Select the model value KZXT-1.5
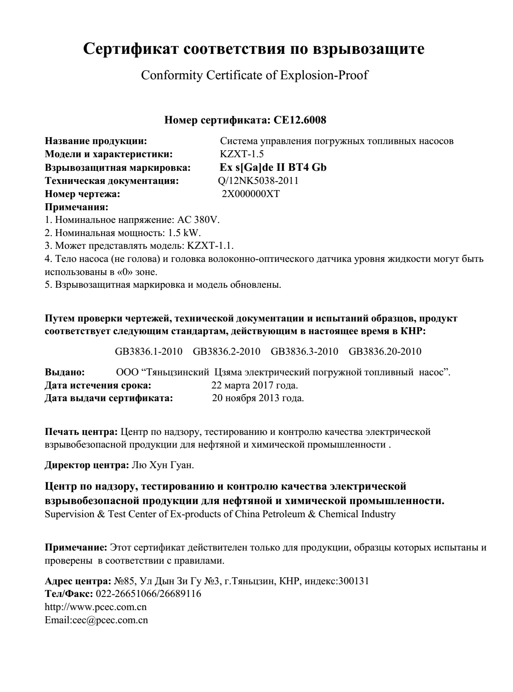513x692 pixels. [242, 154]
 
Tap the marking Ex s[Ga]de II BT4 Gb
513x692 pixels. [273, 167]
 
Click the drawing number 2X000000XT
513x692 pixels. [250, 194]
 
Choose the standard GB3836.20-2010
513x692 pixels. [385, 351]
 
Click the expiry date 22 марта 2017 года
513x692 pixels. [254, 385]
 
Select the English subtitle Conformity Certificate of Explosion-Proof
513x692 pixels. [254, 75]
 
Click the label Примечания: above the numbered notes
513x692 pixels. [77, 206]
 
